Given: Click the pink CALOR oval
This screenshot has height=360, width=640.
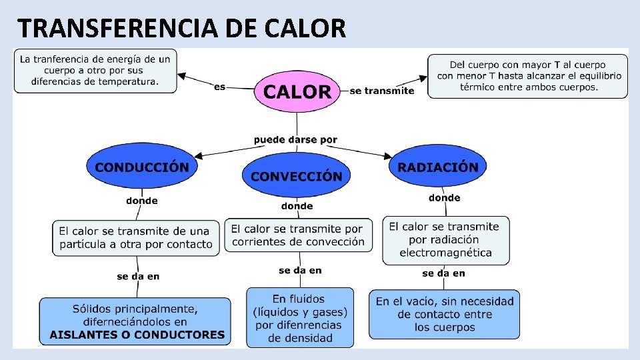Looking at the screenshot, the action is [x=297, y=91].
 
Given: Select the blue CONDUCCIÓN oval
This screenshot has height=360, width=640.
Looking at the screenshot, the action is [x=142, y=167].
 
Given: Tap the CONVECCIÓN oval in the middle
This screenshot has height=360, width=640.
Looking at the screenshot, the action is [x=296, y=176].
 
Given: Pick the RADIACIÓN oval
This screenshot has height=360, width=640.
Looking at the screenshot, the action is [x=438, y=167].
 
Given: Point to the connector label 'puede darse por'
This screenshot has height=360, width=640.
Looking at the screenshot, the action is [x=295, y=140].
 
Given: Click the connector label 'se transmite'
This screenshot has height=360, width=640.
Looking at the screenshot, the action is [x=381, y=91].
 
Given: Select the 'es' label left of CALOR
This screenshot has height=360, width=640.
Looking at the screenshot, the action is [x=220, y=87].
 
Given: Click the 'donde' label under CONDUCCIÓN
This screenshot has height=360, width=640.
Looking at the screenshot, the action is [x=142, y=200].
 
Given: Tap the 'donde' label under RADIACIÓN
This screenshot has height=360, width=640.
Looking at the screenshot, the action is [x=444, y=197].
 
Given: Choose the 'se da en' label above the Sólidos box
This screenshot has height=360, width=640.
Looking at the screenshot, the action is [x=138, y=276].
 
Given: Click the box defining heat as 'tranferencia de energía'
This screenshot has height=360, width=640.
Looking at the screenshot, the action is [x=95, y=70].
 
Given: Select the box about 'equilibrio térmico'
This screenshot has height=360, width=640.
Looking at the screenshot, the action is [x=527, y=76].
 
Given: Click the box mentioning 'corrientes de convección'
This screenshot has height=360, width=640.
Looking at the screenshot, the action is [x=297, y=235].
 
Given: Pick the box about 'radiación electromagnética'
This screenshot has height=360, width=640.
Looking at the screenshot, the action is [x=445, y=239].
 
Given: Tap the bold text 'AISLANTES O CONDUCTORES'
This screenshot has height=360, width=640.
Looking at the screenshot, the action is [x=137, y=335].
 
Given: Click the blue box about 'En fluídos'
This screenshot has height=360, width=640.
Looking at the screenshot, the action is [x=300, y=317].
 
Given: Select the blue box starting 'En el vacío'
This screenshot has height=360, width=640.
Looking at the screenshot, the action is [x=445, y=314].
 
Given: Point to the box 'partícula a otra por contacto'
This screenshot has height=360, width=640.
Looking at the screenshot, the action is [x=136, y=237].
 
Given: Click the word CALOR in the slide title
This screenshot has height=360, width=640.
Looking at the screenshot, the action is [x=305, y=29].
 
